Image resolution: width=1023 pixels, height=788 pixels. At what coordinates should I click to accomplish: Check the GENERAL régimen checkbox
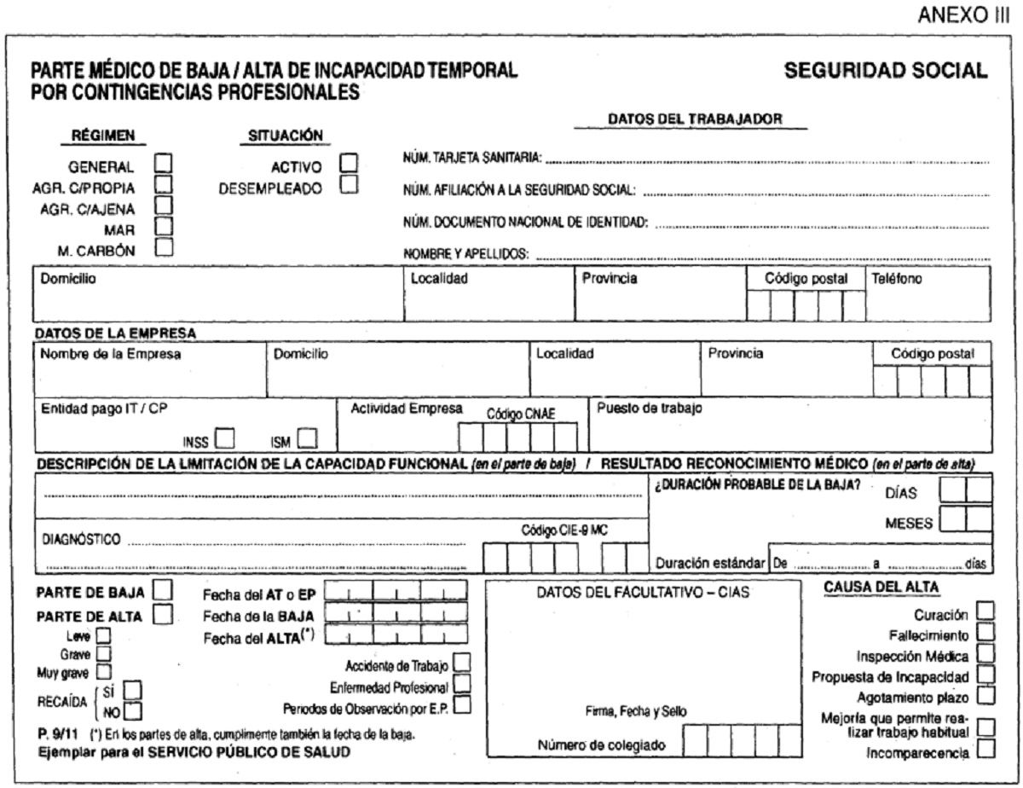point(162,163)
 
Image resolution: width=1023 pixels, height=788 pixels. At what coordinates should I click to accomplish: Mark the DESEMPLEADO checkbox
point(347,184)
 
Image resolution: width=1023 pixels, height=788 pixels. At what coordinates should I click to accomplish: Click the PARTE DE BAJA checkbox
point(162,591)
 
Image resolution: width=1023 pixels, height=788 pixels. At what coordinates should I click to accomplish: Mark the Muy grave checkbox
point(105,671)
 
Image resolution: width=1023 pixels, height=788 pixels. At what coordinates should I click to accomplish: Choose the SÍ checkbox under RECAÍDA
point(133,689)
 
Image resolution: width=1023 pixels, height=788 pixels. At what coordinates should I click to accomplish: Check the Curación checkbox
point(985,612)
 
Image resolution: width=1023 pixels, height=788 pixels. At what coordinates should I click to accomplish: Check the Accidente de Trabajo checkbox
point(462,663)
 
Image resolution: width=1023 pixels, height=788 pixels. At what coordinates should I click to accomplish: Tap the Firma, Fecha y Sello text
point(636,711)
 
